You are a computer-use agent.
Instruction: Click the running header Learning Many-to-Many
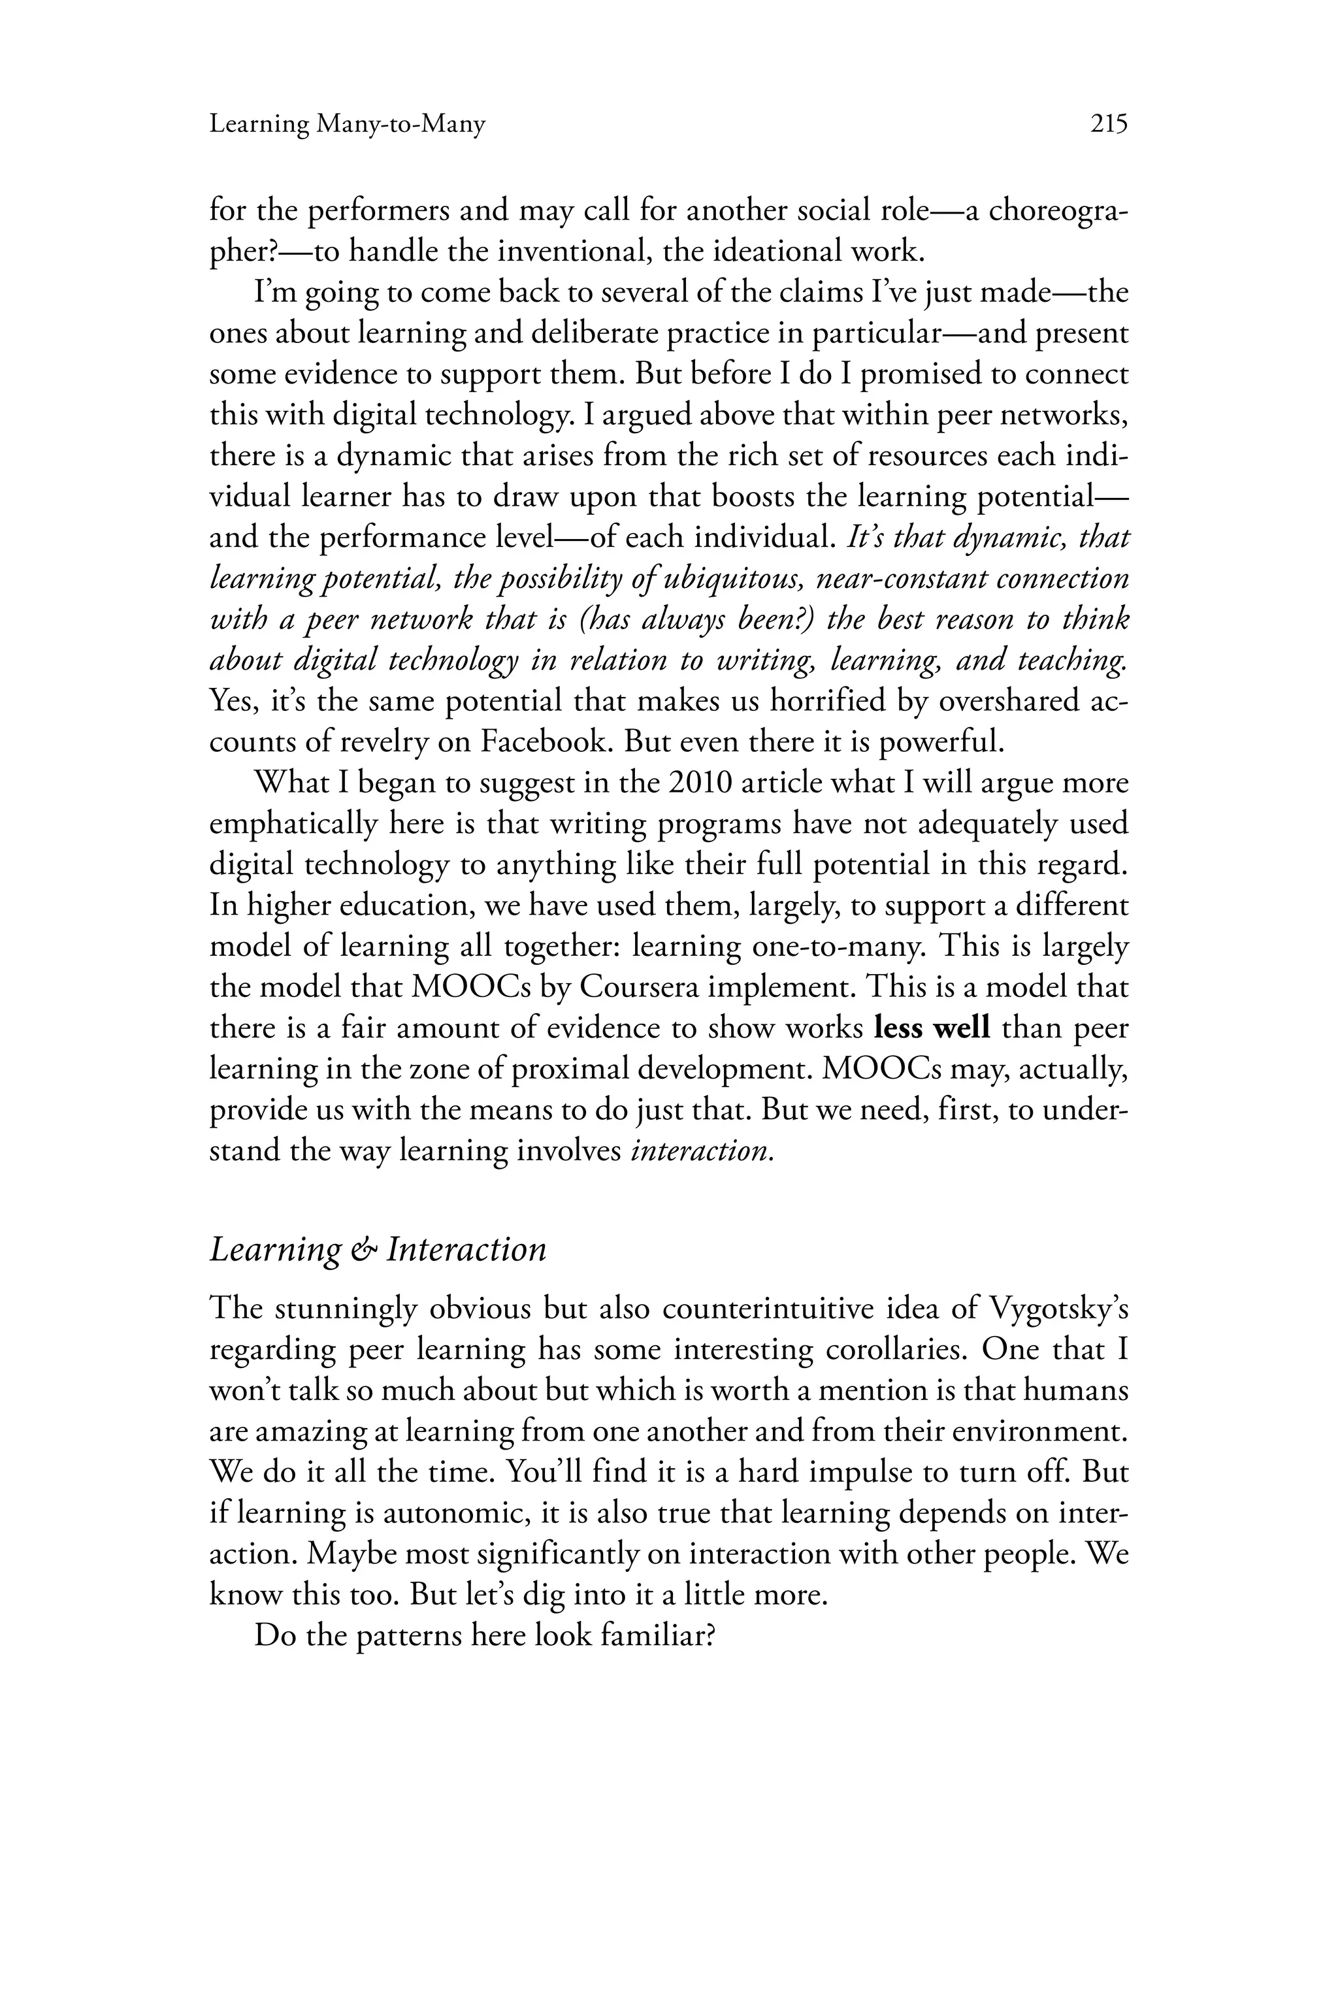tap(348, 125)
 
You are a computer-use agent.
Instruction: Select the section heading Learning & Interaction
tap(377, 1250)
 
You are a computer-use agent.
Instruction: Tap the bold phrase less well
tap(933, 1028)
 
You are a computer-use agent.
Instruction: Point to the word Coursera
tap(641, 987)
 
